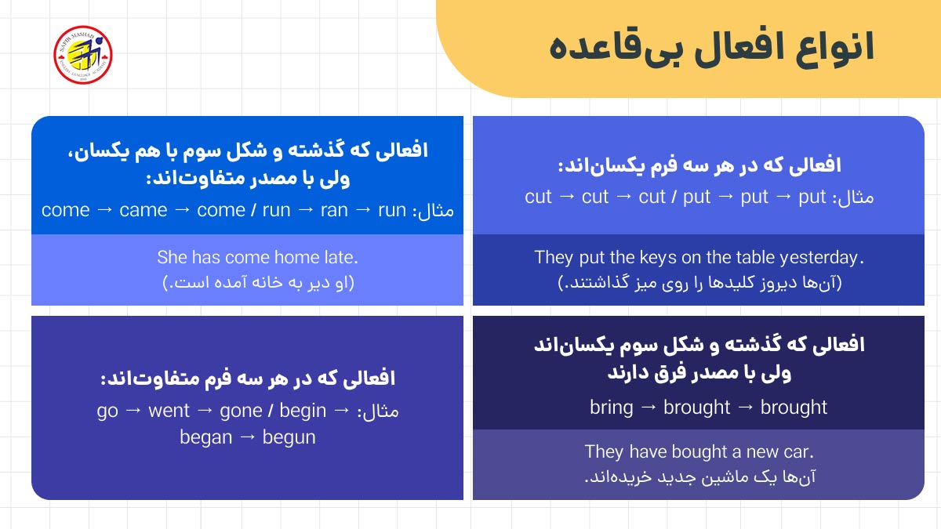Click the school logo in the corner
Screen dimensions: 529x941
82,55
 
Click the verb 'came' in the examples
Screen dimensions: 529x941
144,210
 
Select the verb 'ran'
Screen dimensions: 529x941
334,210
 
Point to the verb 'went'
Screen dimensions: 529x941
169,411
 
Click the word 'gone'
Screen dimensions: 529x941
241,411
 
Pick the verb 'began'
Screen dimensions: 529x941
205,437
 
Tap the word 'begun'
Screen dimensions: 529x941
289,437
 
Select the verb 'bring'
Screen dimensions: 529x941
611,408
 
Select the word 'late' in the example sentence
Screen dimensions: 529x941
339,257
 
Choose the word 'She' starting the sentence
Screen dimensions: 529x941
171,257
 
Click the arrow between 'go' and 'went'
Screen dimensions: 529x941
133,411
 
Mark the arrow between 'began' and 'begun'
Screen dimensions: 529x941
247,437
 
